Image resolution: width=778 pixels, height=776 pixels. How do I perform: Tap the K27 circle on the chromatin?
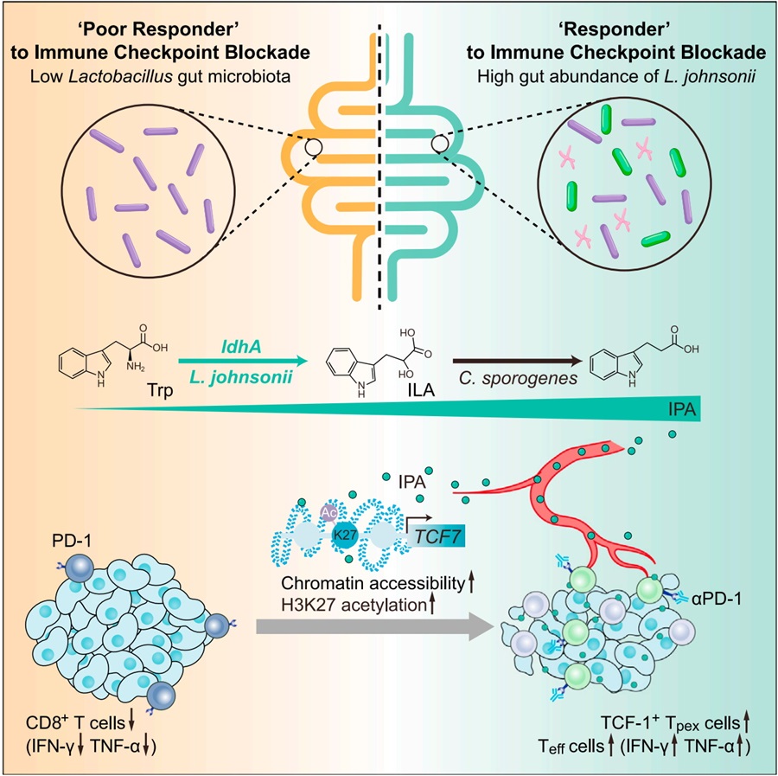point(345,536)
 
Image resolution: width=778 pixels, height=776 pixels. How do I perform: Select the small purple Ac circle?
point(329,512)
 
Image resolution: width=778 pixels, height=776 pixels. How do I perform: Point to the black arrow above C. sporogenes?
point(517,361)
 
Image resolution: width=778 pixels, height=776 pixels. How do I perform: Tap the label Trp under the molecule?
point(160,390)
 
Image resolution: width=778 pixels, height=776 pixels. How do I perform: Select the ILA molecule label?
point(421,390)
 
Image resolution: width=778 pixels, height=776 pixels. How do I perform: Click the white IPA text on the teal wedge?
point(682,409)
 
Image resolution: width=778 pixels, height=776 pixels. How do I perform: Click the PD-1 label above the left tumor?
point(72,541)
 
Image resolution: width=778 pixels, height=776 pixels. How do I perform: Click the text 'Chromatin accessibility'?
point(373,583)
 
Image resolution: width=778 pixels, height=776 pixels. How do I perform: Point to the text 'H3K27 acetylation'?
point(354,605)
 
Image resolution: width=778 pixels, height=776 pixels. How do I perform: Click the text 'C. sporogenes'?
point(518,379)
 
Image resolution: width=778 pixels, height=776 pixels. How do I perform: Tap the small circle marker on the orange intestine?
point(314,146)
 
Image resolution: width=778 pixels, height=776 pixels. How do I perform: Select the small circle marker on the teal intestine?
point(440,144)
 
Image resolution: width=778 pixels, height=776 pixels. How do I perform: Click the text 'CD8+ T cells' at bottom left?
point(75,723)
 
